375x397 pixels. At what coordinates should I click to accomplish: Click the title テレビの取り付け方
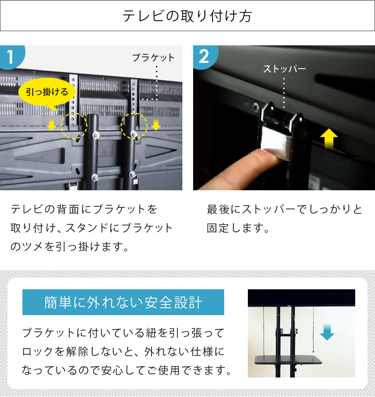pos(187,16)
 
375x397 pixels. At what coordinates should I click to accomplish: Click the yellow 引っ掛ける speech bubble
pos(46,92)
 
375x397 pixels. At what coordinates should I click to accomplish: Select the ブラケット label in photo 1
pos(153,58)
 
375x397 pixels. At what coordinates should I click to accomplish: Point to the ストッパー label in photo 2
pos(285,69)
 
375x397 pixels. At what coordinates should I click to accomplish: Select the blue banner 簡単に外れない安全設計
pos(123,302)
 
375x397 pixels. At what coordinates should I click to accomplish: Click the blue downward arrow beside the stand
pos(327,332)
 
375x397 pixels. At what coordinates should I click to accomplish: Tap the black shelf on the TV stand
pos(288,360)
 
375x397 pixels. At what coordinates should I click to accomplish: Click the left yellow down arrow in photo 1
pos(52,125)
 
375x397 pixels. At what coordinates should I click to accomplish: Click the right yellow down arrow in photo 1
pos(156,124)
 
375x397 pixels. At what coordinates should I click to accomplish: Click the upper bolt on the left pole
pos(96,135)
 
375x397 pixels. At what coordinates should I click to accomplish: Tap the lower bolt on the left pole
pos(95,178)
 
